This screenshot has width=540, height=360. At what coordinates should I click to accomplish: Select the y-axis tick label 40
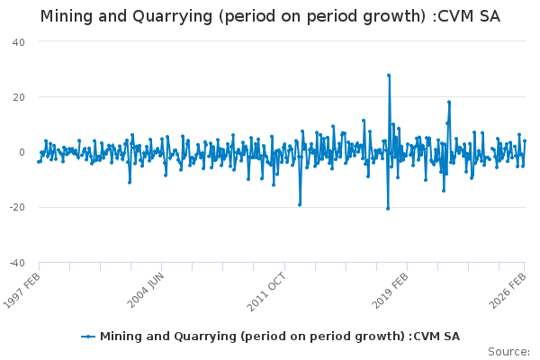[x=18, y=42]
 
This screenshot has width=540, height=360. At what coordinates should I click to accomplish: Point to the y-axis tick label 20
[x=18, y=97]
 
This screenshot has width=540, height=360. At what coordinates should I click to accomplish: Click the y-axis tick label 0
[x=22, y=152]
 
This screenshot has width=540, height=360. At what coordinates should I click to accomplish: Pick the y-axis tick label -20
[x=16, y=207]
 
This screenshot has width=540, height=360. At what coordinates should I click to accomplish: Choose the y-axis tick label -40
[x=16, y=262]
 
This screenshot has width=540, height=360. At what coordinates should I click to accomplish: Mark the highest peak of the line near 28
[x=389, y=75]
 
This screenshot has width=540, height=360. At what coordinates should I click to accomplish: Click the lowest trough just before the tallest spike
[x=388, y=209]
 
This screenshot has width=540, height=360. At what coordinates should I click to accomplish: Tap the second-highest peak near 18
[x=448, y=102]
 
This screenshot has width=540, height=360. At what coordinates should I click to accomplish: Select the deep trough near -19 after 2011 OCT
[x=300, y=204]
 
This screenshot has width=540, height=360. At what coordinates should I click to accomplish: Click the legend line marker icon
[x=88, y=337]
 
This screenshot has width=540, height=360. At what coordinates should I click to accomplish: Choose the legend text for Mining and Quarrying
[x=279, y=337]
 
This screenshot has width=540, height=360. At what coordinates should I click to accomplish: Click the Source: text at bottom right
[x=508, y=351]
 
